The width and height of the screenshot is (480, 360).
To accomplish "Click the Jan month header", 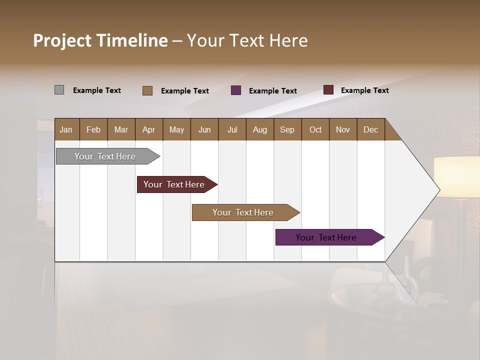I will coord(66,129).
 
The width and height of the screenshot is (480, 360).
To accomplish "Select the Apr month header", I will coord(149,129).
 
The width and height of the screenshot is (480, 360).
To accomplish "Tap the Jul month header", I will coord(232,129).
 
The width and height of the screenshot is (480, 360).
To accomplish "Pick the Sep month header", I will coord(287,129).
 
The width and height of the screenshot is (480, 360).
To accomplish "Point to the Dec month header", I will coord(370,129).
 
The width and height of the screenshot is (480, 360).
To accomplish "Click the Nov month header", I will coord(343,129).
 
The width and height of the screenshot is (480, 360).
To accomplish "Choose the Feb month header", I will coord(93,129).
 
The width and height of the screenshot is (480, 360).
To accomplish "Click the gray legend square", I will coord(59,90).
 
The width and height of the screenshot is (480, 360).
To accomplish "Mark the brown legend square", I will coord(147,90).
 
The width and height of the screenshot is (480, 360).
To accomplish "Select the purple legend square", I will coord(236,90).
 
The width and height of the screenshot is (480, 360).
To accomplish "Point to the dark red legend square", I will coord(328,90).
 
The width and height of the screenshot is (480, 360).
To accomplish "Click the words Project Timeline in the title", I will coord(100,40).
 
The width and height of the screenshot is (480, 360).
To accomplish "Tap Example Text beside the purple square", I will coord(273,91).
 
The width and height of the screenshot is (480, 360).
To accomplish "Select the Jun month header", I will coord(204,129).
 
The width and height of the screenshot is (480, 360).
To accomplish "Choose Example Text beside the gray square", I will coord(97,90).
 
